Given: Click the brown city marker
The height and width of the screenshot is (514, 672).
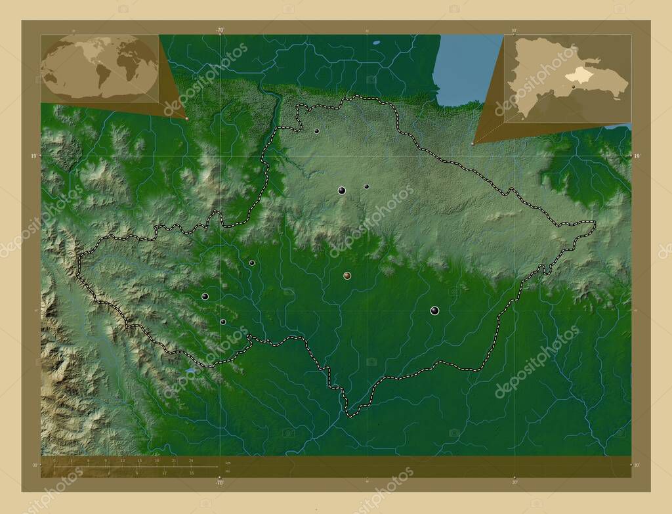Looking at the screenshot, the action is [x=347, y=276].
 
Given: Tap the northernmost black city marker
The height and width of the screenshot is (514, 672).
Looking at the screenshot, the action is [x=317, y=131].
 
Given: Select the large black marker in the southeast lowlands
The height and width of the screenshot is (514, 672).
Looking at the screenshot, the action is [x=434, y=311].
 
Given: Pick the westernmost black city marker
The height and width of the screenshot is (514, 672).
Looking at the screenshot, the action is [x=205, y=297].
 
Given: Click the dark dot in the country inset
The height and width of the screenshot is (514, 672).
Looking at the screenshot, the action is [x=573, y=86].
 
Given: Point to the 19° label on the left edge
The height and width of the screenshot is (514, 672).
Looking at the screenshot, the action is [x=33, y=156].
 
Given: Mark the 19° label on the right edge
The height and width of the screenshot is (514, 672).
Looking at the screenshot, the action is [x=636, y=156].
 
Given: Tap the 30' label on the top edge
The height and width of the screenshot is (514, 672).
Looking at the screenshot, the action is [x=514, y=30].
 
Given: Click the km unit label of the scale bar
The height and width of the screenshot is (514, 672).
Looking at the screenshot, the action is [x=228, y=463].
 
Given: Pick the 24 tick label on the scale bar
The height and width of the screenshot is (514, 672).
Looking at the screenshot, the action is [x=191, y=461].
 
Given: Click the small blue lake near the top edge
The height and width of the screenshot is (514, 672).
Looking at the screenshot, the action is [x=376, y=44].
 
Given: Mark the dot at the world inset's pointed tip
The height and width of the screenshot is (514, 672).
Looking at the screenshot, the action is [x=187, y=118].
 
